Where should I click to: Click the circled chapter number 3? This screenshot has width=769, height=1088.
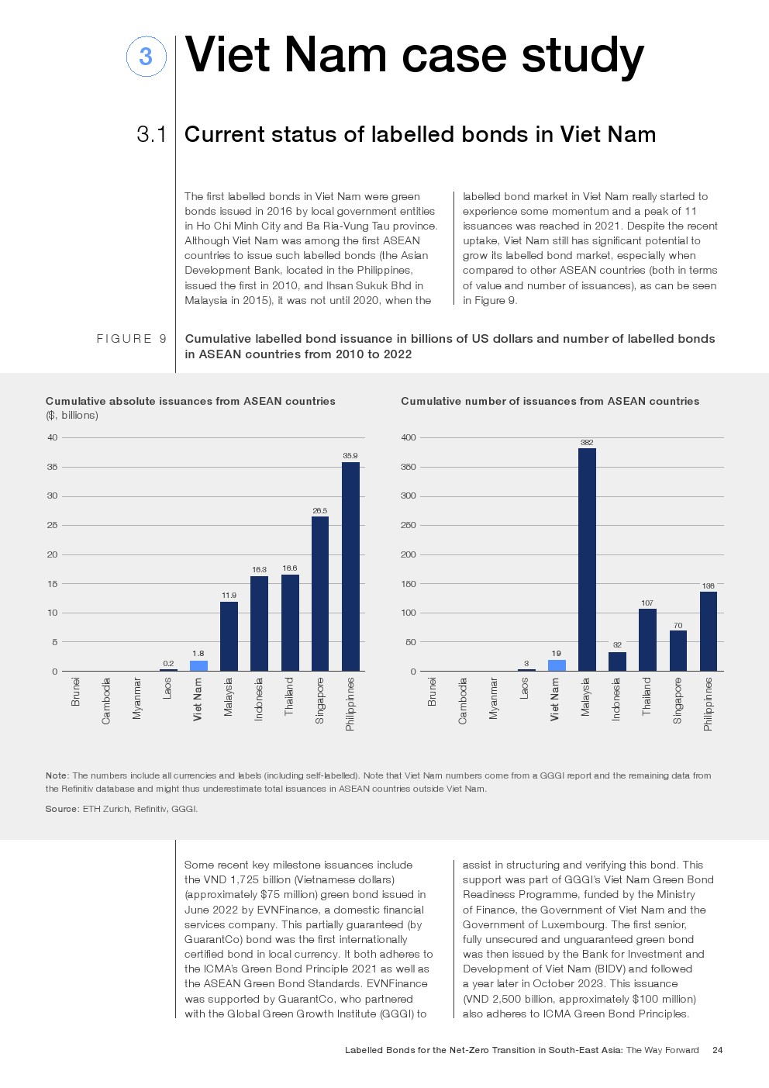(x=146, y=57)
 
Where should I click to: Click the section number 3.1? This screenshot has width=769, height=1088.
(x=152, y=135)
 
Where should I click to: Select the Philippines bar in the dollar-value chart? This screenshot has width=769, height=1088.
(x=350, y=566)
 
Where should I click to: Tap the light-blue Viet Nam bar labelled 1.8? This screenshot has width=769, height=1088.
(x=198, y=665)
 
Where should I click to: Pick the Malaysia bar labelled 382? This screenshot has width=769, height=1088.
(x=587, y=559)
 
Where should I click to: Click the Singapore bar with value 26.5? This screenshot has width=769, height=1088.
(x=320, y=593)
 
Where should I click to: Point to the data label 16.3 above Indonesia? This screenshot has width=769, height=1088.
(x=259, y=570)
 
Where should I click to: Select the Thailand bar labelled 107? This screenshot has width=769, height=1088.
(x=647, y=640)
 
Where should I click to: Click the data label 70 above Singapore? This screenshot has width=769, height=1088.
(x=678, y=625)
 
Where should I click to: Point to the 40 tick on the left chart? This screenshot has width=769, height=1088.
(x=53, y=437)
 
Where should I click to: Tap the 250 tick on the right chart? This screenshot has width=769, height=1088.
(x=409, y=525)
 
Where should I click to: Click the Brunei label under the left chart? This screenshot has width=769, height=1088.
(x=76, y=691)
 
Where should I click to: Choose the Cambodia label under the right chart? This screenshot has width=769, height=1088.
(x=463, y=701)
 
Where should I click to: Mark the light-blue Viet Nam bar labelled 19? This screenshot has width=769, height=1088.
(x=557, y=665)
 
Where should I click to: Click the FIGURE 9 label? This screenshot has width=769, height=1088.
(x=131, y=339)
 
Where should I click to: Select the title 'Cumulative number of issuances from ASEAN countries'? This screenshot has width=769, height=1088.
(x=550, y=401)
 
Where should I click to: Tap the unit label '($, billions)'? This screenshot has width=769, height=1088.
(x=72, y=416)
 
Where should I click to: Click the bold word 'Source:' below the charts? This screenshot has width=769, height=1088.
(x=61, y=809)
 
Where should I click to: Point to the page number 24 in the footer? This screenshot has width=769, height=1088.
(x=717, y=1050)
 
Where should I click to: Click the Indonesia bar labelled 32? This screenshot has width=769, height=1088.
(x=617, y=661)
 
